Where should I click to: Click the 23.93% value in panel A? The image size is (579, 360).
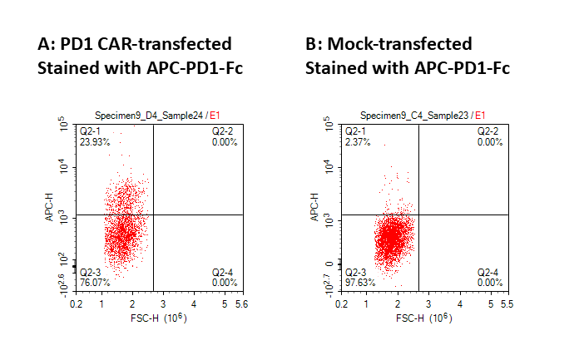[x=92, y=142]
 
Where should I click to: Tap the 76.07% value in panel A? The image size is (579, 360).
[x=92, y=282]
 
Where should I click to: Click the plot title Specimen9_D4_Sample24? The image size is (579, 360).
[x=153, y=115]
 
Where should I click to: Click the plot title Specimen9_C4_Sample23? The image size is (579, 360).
[x=416, y=115]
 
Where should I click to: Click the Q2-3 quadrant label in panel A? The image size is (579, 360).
[x=90, y=272]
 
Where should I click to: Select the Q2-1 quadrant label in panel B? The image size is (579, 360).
[x=355, y=131]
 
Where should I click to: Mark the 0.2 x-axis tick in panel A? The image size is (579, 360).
[x=77, y=305]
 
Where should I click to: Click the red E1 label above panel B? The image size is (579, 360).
[x=480, y=115]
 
